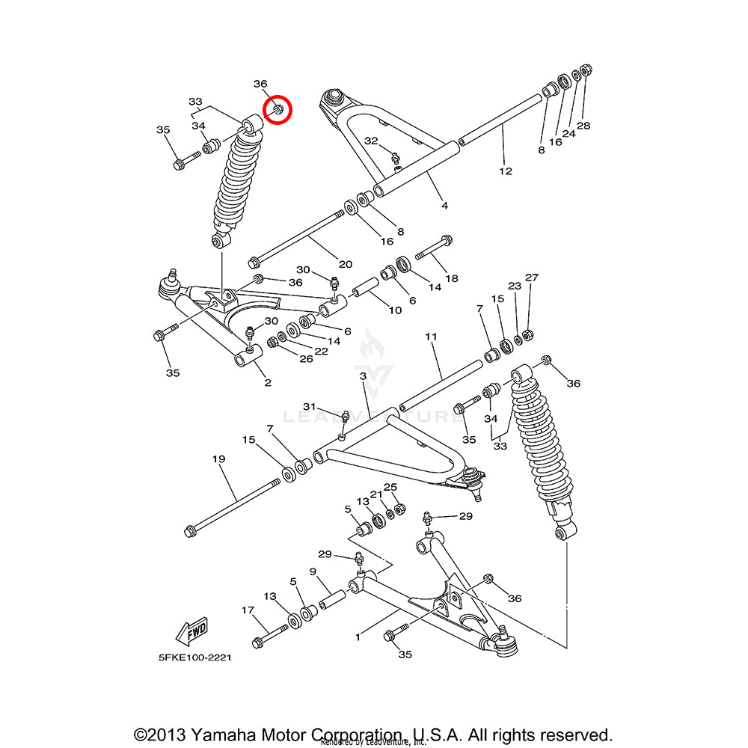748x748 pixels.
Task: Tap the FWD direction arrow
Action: point(191,631)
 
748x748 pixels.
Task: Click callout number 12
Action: point(506,171)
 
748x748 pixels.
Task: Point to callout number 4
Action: point(444,205)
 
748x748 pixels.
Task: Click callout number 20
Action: point(345,263)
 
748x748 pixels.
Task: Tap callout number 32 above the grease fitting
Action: point(372,141)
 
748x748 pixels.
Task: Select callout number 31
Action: point(310,405)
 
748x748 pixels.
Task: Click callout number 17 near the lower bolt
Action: point(248,610)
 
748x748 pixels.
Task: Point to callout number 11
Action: point(431,337)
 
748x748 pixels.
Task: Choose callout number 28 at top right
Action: point(583,125)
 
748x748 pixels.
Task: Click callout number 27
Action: point(531,278)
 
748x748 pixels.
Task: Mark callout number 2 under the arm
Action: point(267,383)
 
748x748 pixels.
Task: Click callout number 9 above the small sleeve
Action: point(313,572)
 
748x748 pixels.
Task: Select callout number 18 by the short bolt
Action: point(452,278)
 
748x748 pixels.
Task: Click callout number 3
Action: point(363,377)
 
